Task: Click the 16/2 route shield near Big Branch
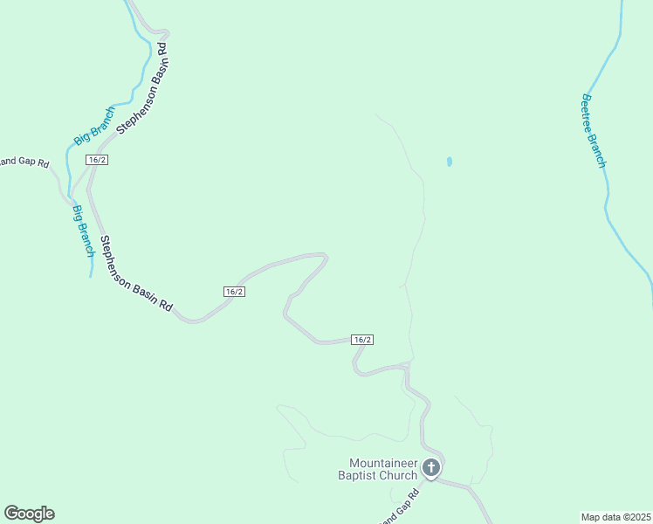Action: click(x=97, y=160)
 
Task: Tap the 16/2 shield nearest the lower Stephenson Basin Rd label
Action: click(x=233, y=292)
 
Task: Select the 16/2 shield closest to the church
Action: click(x=362, y=339)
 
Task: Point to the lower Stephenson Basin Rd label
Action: click(x=135, y=275)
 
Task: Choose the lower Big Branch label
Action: click(x=83, y=229)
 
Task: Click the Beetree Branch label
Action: click(x=594, y=131)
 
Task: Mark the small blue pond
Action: click(x=450, y=162)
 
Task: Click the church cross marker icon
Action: click(x=430, y=468)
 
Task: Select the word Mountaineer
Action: click(x=383, y=463)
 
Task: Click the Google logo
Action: click(x=29, y=514)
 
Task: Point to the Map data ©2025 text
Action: click(x=615, y=516)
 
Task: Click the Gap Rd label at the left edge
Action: click(x=24, y=162)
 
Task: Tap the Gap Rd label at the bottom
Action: click(x=401, y=509)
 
